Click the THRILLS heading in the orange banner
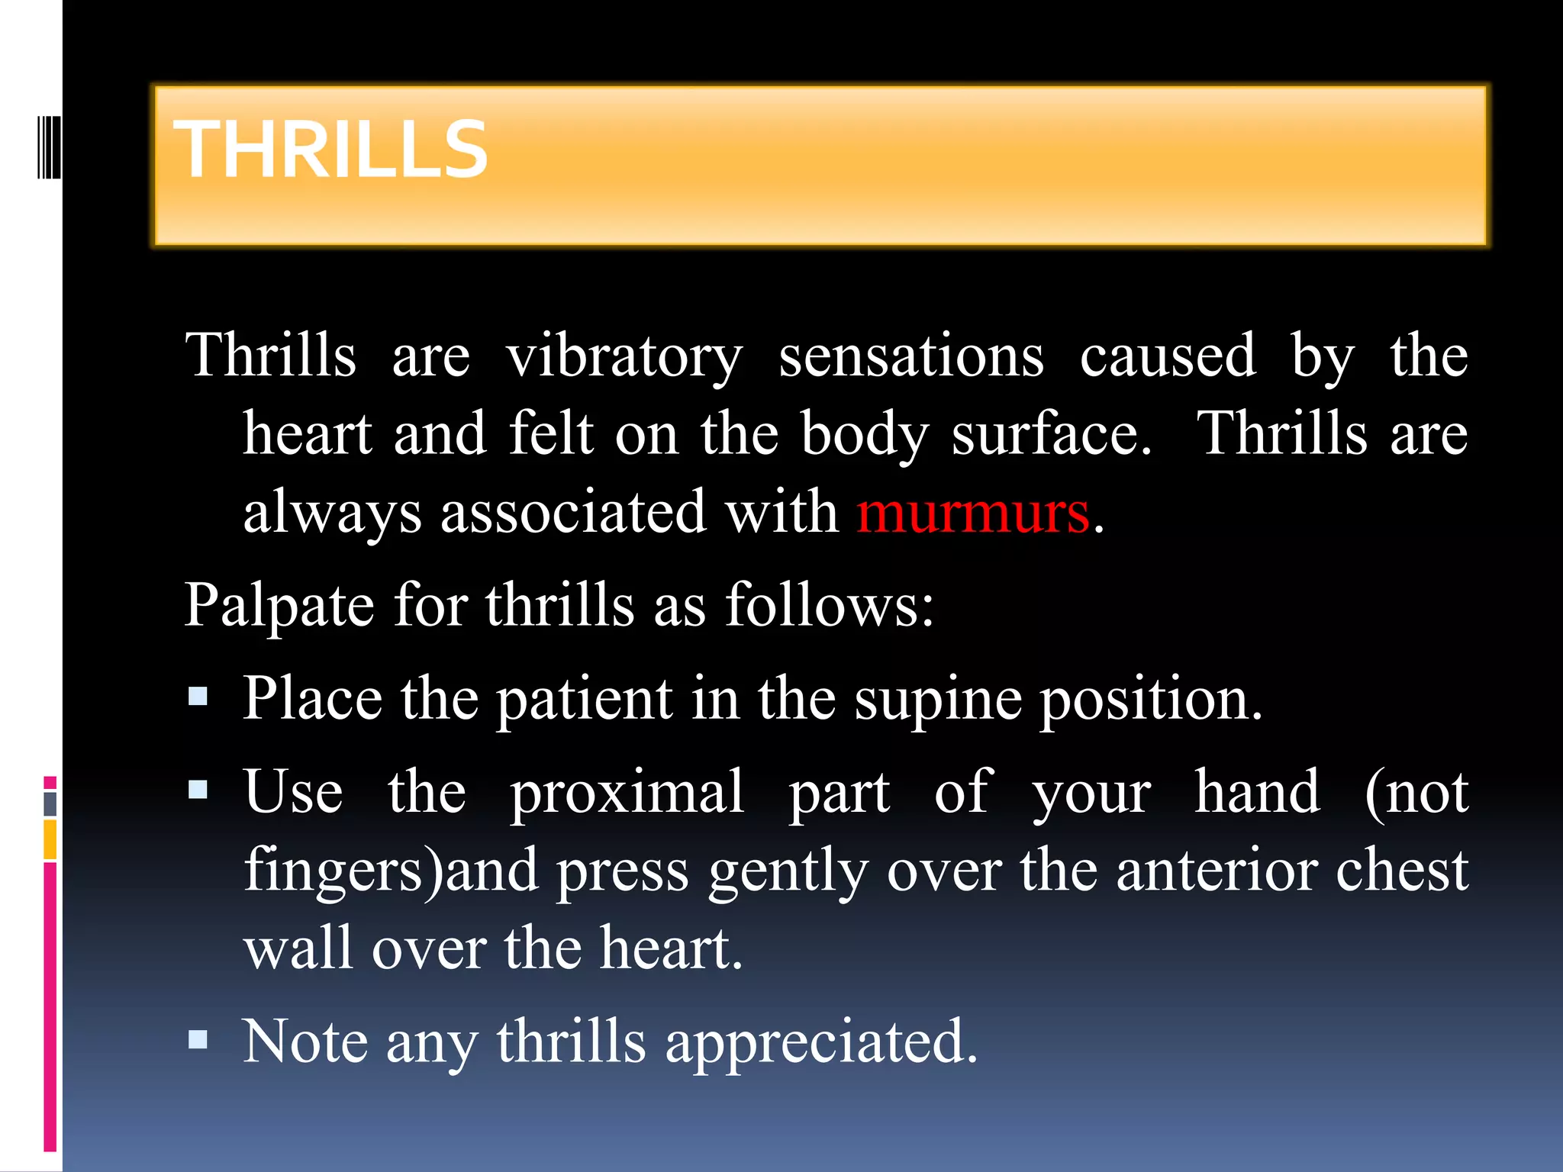coord(330,150)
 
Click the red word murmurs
coord(972,512)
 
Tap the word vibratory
coord(624,356)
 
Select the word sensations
coord(910,356)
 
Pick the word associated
coord(573,512)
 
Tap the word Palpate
coord(279,606)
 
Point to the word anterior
coord(1216,871)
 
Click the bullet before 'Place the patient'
coord(198,696)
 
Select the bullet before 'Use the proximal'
coord(198,789)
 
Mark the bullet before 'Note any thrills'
coord(198,1038)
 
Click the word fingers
coord(333,872)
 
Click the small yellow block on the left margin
coord(50,839)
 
